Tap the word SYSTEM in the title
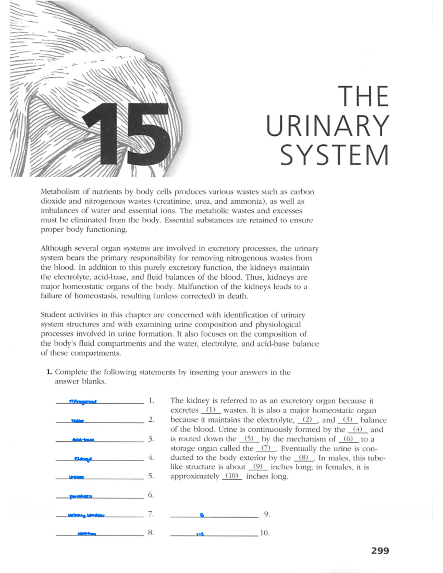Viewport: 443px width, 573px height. coord(334,155)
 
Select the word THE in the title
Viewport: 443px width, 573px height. coord(364,96)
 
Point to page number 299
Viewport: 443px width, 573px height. coord(380,551)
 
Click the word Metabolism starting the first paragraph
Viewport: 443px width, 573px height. coord(59,192)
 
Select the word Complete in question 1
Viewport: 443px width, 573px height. coord(71,372)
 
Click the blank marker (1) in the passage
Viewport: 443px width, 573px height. coord(210,410)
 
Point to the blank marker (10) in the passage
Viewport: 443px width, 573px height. coord(232,476)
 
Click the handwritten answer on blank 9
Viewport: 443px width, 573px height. coord(202,515)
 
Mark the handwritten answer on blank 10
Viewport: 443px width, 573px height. coord(200,534)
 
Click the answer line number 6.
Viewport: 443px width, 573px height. coord(151,495)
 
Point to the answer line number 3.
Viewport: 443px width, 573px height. coord(151,439)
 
